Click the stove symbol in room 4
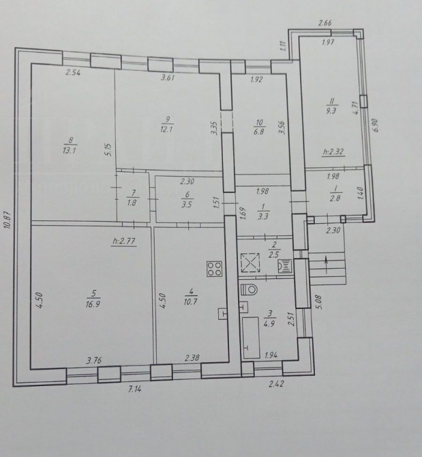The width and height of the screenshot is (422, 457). (x=214, y=269)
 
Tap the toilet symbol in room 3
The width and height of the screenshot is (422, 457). (x=250, y=290)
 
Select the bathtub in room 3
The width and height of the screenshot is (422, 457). (x=251, y=338)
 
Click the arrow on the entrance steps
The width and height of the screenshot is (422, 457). (x=327, y=265)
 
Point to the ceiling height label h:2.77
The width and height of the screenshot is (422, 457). (x=124, y=241)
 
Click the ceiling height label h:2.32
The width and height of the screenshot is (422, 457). (x=333, y=152)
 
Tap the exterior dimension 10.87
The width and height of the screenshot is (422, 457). (x=8, y=216)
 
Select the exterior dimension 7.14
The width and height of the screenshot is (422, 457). (x=134, y=389)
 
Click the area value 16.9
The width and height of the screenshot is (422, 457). (x=93, y=304)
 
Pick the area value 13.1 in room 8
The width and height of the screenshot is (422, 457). (x=70, y=150)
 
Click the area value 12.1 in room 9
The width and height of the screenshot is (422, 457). (x=166, y=129)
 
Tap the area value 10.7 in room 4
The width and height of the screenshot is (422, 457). (x=190, y=301)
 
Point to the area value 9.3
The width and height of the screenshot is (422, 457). (x=331, y=111)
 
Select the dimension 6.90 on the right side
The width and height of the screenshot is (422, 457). (x=376, y=126)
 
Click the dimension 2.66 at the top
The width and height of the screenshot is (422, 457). (x=325, y=23)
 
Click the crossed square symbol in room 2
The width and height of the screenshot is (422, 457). (x=250, y=263)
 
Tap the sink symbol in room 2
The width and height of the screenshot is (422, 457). (x=285, y=266)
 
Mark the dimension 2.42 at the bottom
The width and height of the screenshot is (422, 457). (x=276, y=384)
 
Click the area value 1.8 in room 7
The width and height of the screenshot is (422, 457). (x=132, y=203)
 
